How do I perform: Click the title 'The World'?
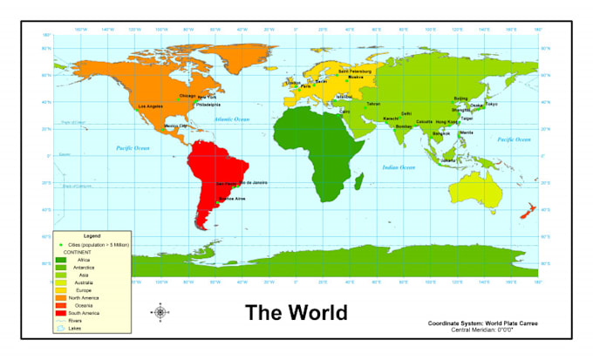296,312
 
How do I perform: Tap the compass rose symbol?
160,312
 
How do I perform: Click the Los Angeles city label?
151,106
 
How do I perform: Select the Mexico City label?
175,126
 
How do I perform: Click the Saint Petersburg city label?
354,71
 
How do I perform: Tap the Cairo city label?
345,112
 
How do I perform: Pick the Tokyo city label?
491,105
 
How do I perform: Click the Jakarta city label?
448,160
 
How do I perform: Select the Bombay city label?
403,126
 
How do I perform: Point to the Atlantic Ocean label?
231,119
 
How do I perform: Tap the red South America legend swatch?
61,313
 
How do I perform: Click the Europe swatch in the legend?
61,290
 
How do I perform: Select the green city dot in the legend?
61,247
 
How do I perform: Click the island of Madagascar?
358,181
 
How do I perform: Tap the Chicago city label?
187,96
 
